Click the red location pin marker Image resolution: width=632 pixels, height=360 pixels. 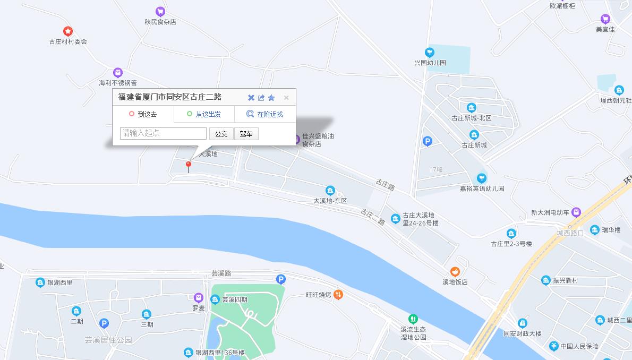point(188,166)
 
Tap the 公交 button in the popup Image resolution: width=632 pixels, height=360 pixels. point(221,134)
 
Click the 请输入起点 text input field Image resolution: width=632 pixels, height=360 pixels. point(163,133)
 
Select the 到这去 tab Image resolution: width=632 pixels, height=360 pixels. point(143,114)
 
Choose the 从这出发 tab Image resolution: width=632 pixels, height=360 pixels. point(204,114)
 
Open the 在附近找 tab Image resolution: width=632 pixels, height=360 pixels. point(265,114)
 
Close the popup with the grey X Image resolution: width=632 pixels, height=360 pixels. point(286,98)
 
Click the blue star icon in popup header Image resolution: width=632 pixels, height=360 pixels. point(271,98)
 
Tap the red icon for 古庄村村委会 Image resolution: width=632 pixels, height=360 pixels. point(68,31)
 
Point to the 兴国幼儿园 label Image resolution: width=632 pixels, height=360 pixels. point(430,63)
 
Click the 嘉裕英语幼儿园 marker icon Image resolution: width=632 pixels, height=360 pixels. point(482,178)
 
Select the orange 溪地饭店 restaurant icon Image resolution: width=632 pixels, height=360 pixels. point(455,272)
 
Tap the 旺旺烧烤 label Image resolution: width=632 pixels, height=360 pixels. point(319,295)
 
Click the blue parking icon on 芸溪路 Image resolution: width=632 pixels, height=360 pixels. point(281,279)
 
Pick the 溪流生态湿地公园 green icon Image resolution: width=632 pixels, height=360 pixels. point(413,319)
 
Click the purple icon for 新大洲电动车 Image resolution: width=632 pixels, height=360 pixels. point(576,212)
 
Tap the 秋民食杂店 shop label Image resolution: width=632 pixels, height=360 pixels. point(160,22)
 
